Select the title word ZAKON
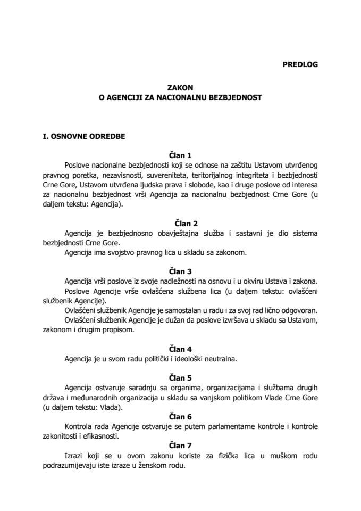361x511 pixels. point(180,89)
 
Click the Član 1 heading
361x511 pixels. point(180,155)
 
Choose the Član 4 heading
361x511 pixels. point(180,349)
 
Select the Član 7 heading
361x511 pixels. point(180,446)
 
